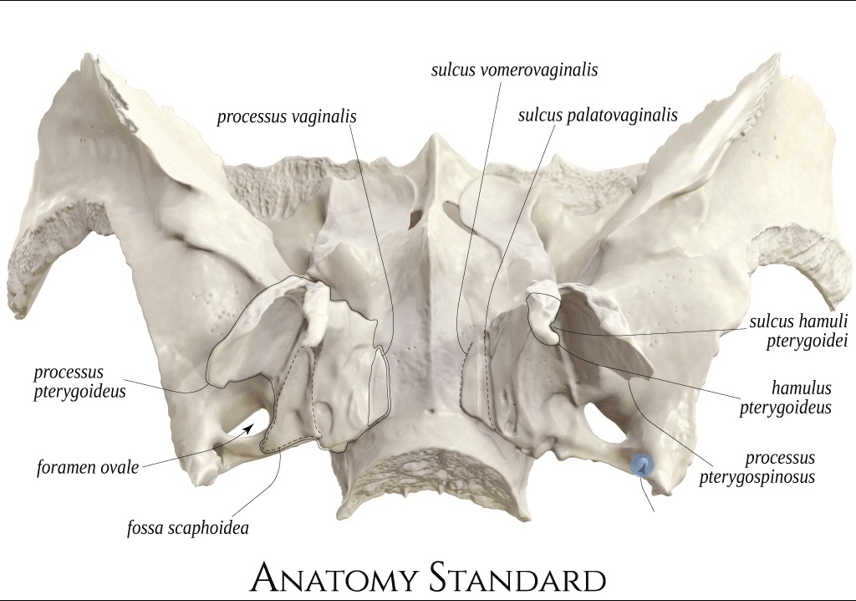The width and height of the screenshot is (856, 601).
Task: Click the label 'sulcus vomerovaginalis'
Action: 514,70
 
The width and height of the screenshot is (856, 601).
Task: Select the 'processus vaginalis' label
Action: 287,117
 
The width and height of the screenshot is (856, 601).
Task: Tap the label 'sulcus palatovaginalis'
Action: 598,116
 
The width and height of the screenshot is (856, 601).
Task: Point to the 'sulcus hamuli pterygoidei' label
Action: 798,331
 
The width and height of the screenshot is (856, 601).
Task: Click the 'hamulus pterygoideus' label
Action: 786,398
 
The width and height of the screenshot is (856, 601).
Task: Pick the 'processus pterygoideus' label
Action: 79,382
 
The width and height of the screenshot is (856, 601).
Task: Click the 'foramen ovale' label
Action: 88,468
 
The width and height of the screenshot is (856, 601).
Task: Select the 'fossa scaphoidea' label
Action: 188,527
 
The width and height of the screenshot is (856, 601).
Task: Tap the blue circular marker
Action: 642,466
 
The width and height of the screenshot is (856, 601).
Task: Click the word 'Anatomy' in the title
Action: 335,578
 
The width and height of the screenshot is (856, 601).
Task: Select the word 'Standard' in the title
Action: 517,578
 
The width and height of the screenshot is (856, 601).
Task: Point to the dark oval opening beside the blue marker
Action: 605,422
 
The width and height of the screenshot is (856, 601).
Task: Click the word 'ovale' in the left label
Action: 116,468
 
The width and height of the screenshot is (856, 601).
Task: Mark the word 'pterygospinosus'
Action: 757,476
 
